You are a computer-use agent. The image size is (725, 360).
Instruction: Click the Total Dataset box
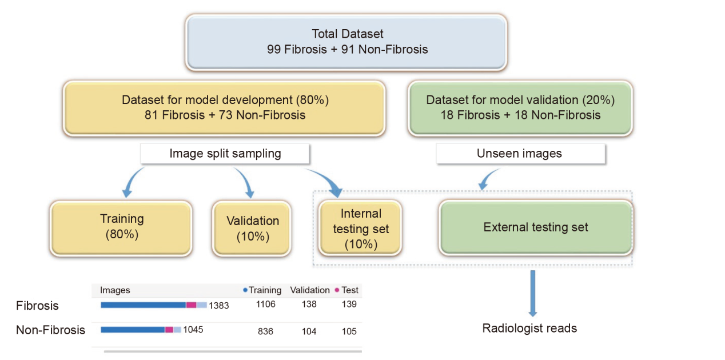click(346, 42)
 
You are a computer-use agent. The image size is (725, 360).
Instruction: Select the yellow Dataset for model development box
click(224, 108)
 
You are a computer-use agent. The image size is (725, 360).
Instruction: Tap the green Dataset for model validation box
click(520, 108)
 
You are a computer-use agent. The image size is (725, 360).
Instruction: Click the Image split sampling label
click(225, 153)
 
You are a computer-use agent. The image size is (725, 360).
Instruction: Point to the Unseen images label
click(520, 153)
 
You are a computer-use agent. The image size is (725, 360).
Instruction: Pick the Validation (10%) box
click(252, 229)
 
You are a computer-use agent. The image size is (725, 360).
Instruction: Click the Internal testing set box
click(360, 228)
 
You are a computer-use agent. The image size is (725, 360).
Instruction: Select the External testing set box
click(536, 227)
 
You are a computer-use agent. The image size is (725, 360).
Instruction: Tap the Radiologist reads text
click(529, 328)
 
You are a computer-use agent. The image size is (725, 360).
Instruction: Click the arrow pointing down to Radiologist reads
click(533, 293)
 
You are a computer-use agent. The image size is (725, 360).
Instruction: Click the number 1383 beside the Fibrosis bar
click(219, 305)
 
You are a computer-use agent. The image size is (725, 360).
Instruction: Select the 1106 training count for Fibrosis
click(266, 304)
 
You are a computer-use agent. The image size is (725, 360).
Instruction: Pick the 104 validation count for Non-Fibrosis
click(309, 331)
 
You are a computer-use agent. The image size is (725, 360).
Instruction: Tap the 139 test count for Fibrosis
click(349, 304)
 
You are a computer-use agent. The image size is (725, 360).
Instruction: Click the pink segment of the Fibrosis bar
click(192, 305)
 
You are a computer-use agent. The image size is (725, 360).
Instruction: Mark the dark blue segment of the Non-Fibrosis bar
click(133, 330)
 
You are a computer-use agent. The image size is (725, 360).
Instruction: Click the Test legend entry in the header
click(346, 290)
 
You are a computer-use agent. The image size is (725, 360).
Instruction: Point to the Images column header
click(115, 290)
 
